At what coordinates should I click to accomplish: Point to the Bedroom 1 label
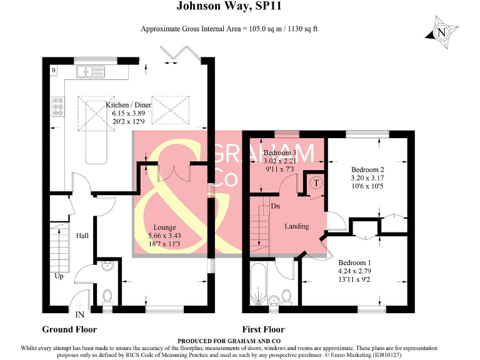355,263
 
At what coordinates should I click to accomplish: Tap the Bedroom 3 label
280,153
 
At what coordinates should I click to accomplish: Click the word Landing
296,226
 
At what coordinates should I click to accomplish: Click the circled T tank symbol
316,183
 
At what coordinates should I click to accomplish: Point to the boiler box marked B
54,71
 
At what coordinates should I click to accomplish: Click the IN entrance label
80,314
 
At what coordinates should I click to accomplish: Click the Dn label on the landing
275,206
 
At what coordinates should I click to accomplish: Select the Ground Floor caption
69,329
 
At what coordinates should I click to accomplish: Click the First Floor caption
263,329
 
